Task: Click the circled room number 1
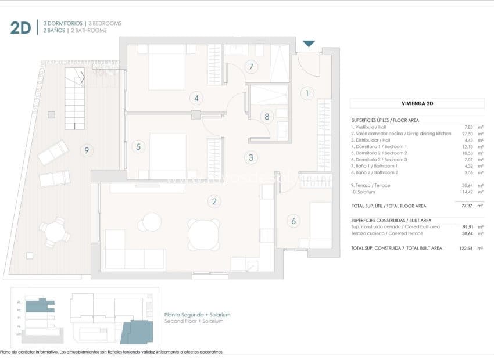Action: [307, 93]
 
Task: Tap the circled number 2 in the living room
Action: [214, 201]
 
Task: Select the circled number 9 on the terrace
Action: [87, 151]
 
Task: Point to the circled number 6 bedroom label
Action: [293, 221]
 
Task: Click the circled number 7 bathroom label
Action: [251, 67]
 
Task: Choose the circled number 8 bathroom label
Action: [267, 116]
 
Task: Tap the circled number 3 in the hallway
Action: [251, 157]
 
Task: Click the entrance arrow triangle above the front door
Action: [309, 44]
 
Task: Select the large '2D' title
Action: [20, 27]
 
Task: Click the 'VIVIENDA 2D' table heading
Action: [417, 104]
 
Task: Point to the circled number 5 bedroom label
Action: [138, 146]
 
